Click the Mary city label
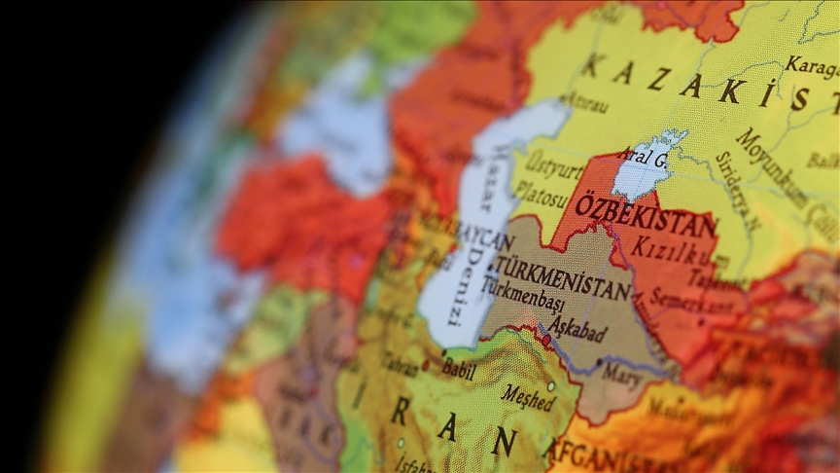pyautogui.click(x=621, y=371)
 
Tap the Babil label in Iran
pyautogui.click(x=458, y=369)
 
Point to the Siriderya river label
pyautogui.click(x=734, y=189)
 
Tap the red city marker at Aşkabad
pyautogui.click(x=546, y=341)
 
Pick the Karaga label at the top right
pyautogui.click(x=811, y=67)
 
